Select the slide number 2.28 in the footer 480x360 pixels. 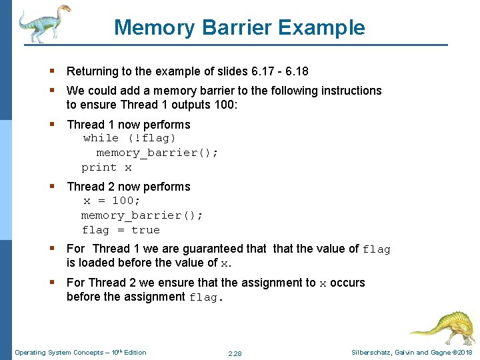coord(235,353)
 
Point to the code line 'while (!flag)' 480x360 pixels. coord(129,138)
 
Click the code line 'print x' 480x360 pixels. coord(107,167)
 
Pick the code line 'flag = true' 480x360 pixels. coord(121,230)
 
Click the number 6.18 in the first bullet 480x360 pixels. coord(295,71)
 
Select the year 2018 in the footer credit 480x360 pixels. coord(464,353)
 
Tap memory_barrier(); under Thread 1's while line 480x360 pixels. coord(157,153)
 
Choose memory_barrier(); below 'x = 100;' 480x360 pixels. coord(142,215)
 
